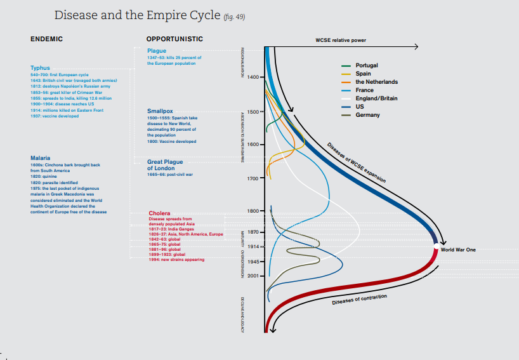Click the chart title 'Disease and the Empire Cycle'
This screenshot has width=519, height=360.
pos(136,15)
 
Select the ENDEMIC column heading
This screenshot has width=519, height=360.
pos(46,39)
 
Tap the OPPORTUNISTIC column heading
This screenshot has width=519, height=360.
pos(174,39)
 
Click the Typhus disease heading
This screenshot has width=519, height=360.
pos(40,68)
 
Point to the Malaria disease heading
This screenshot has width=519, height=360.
pos(41,157)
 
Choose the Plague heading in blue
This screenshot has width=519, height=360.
pos(157,51)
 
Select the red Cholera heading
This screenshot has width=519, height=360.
pos(159,213)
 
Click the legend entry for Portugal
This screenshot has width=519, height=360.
pos(367,65)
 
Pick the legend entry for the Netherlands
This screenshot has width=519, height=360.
pos(376,82)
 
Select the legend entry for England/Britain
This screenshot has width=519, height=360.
pos(376,98)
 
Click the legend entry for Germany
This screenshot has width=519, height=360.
pos(367,115)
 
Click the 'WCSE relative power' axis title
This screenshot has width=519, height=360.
pos(341,40)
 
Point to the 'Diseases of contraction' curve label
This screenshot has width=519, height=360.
pos(359,300)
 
